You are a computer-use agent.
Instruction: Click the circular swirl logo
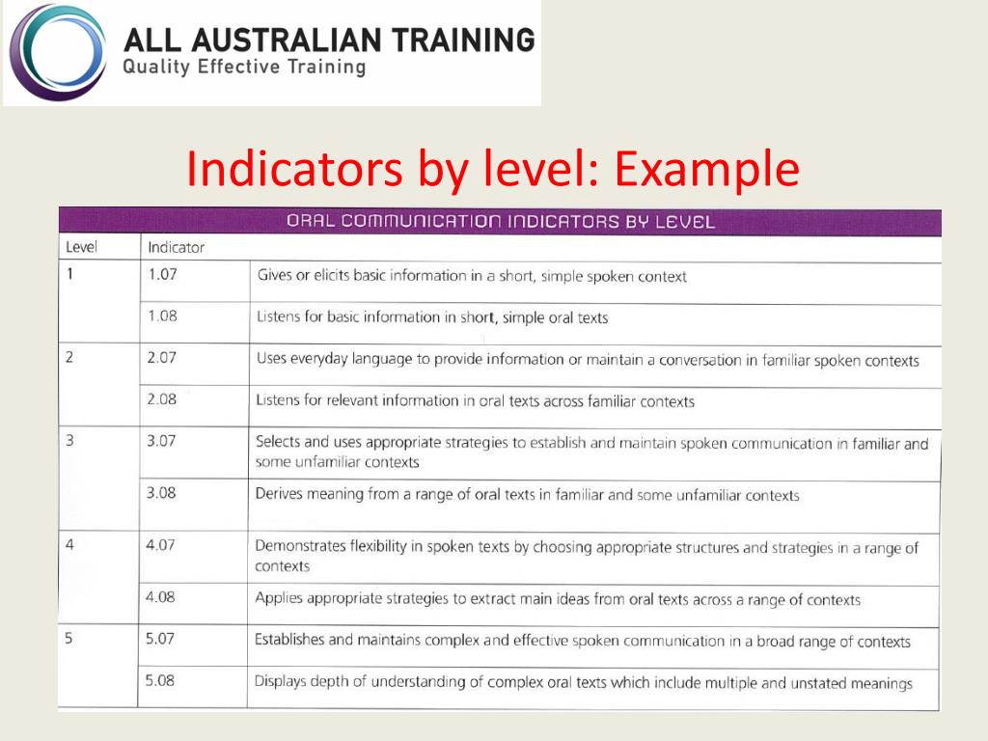click(x=55, y=53)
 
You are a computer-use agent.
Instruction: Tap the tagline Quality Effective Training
click(x=245, y=68)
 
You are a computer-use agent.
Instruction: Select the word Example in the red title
click(x=706, y=169)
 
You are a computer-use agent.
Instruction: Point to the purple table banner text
click(x=501, y=222)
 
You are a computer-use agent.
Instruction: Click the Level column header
click(x=81, y=247)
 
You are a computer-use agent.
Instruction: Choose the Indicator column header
click(x=176, y=248)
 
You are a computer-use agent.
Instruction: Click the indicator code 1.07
click(x=162, y=274)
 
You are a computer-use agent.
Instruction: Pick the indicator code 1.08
click(x=162, y=316)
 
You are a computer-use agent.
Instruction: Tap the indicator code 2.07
click(x=161, y=358)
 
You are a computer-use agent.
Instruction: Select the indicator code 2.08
click(x=161, y=399)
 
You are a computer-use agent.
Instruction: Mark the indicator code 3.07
click(x=161, y=441)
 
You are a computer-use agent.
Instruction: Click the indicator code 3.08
click(x=161, y=493)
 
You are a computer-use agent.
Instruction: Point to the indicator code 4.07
click(x=160, y=544)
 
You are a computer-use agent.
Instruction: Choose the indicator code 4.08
click(x=160, y=597)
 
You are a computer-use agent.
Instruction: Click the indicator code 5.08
click(x=159, y=681)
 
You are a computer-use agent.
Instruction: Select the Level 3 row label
click(x=69, y=441)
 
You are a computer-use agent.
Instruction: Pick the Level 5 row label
click(x=69, y=639)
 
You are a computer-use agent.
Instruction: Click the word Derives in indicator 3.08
click(x=282, y=494)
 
